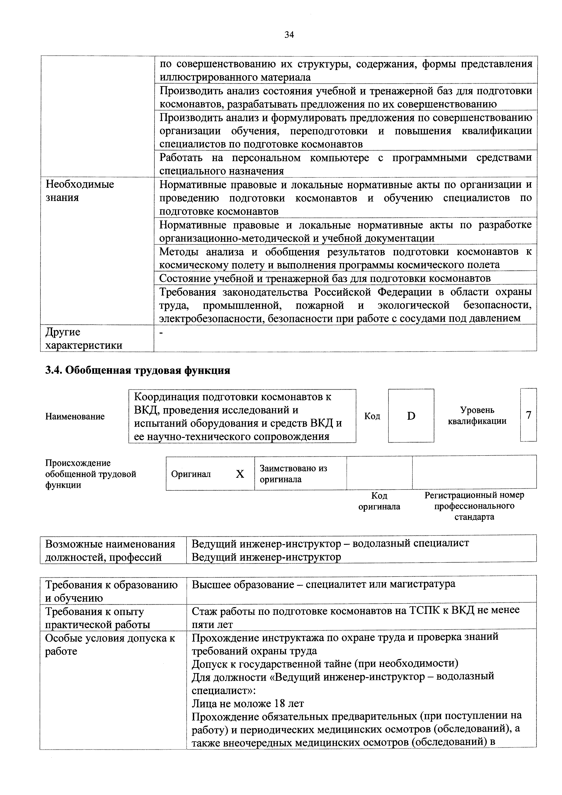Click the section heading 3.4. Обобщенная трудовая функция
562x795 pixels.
pyautogui.click(x=138, y=371)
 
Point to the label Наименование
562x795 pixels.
pyautogui.click(x=75, y=417)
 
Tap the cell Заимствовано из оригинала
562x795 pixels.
pyautogui.click(x=293, y=474)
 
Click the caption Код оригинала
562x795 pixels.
pyautogui.click(x=379, y=501)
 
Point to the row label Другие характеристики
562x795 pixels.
pyautogui.click(x=84, y=339)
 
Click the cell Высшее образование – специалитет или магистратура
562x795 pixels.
pyautogui.click(x=323, y=584)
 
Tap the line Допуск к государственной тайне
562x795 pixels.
pyautogui.click(x=325, y=664)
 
